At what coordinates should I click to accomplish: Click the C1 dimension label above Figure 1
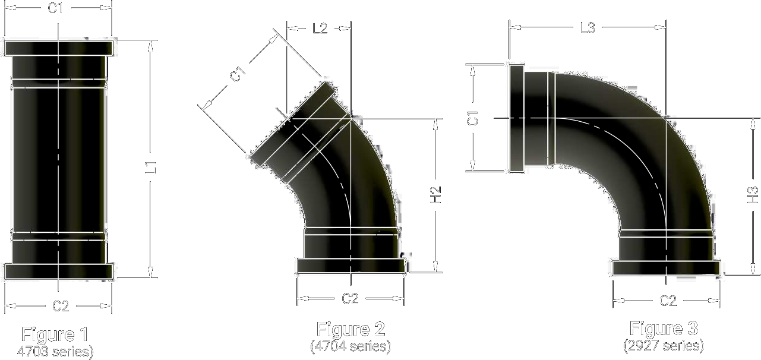click(55, 8)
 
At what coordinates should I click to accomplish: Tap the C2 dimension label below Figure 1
click(61, 306)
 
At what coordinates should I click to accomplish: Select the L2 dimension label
click(320, 29)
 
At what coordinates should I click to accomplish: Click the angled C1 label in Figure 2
click(238, 74)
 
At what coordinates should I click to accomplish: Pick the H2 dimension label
click(435, 195)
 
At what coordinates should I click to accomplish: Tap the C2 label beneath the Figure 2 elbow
click(350, 299)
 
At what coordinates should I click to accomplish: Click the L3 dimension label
click(588, 27)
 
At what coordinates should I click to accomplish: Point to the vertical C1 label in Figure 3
click(473, 118)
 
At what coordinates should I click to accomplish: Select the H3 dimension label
click(753, 195)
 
